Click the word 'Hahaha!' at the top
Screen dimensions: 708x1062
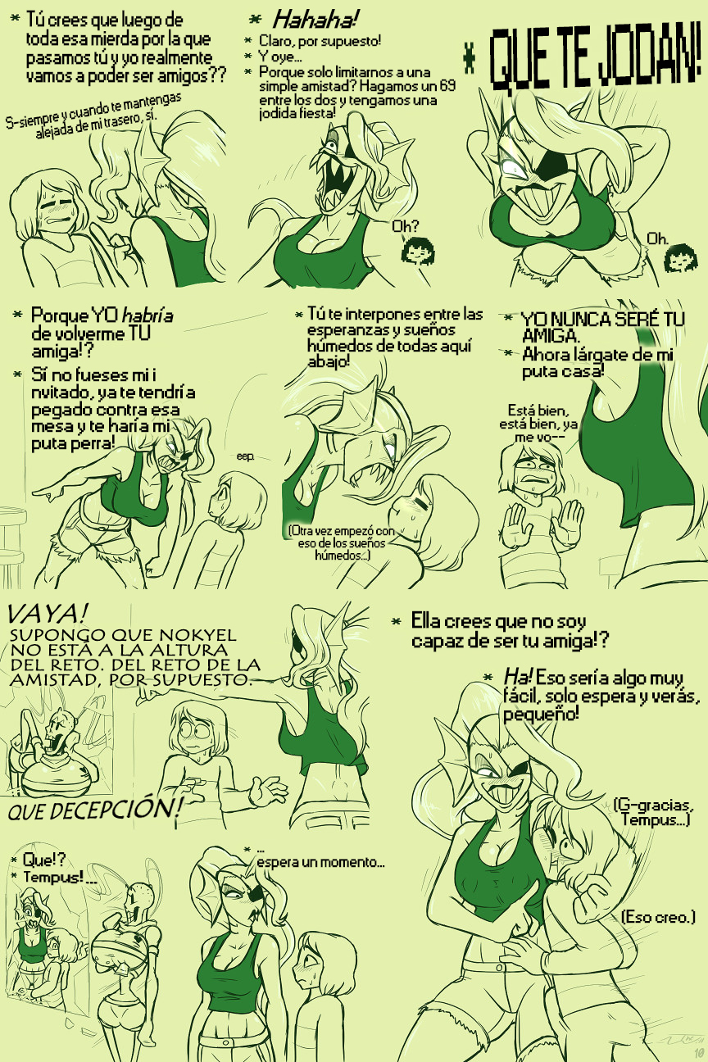[x=315, y=20]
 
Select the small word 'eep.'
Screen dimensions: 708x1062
[x=246, y=456]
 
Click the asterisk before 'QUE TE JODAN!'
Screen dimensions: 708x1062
[x=469, y=62]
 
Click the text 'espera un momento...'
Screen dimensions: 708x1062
[x=320, y=861]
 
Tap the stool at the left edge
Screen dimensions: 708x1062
[x=11, y=545]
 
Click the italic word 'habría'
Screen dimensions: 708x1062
[x=147, y=315]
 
